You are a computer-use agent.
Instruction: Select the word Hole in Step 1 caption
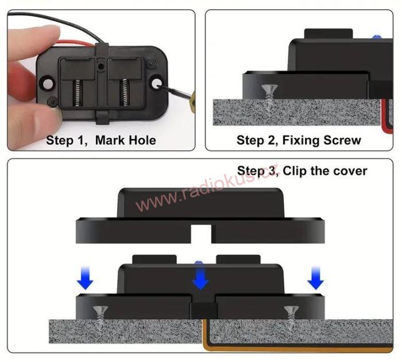coord(142,140)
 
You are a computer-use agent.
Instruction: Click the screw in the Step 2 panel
coord(268,95)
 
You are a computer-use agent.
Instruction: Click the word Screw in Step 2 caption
coord(343,140)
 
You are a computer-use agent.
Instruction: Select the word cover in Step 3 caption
coord(349,171)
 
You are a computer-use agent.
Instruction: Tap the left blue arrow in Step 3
coord(84,279)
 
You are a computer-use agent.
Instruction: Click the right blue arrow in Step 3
coord(315,279)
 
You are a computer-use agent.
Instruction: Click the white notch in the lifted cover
coord(201,233)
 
